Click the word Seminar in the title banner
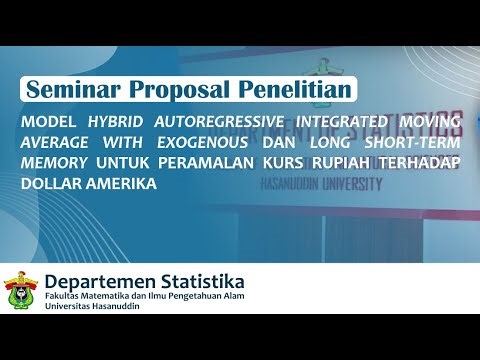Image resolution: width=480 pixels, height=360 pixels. [x=71, y=89]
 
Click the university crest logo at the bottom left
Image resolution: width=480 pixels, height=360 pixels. [x=20, y=291]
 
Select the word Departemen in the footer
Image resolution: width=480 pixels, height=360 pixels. [x=101, y=281]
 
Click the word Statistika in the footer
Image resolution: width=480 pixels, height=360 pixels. [x=200, y=281]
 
